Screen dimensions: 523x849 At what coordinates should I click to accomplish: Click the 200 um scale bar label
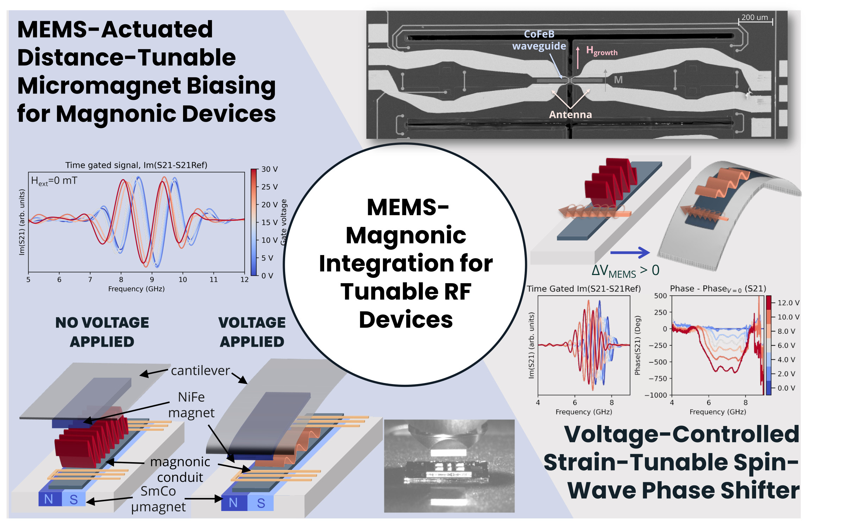tap(754, 17)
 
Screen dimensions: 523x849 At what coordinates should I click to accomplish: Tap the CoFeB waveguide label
tap(539, 40)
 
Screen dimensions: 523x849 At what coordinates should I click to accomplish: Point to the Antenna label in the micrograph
tap(570, 115)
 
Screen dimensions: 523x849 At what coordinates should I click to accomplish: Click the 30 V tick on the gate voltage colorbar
tap(269, 169)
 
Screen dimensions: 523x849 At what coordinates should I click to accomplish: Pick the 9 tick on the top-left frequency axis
tap(152, 280)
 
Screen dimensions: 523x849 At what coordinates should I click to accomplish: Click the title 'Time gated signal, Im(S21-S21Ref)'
tap(136, 165)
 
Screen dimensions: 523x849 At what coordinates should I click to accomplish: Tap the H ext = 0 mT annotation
tap(54, 181)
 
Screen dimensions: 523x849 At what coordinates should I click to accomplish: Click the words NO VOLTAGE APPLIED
tap(102, 332)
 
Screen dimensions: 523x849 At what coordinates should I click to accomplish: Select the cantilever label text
tap(200, 371)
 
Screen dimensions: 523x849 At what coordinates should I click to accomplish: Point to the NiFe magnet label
tap(191, 405)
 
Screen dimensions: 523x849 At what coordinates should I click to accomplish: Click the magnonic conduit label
tap(180, 469)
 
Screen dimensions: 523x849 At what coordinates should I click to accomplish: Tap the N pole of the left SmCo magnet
tap(49, 499)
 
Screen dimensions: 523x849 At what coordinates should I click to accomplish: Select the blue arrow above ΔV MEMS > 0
tap(630, 252)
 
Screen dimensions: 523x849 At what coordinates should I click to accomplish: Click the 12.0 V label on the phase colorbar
tap(788, 303)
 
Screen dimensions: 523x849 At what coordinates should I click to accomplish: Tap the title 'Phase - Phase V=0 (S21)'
tap(718, 289)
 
